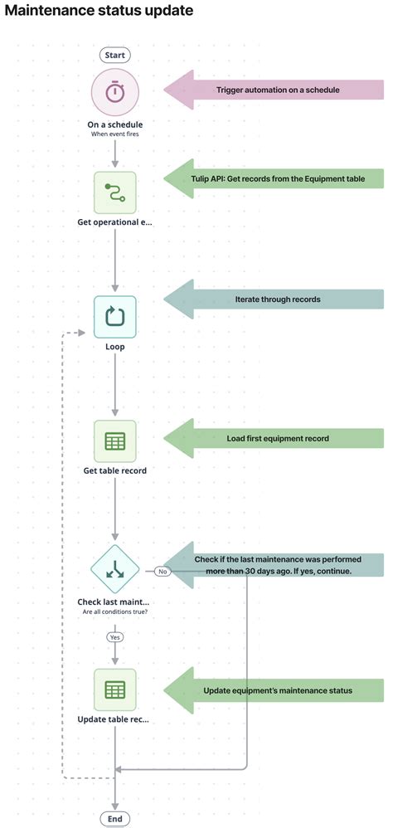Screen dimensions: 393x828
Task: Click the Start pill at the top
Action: pyautogui.click(x=114, y=55)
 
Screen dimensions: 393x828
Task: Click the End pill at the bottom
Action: pyautogui.click(x=114, y=819)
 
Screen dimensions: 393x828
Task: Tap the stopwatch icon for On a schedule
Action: pyautogui.click(x=114, y=92)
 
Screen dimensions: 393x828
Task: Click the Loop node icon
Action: pyautogui.click(x=114, y=317)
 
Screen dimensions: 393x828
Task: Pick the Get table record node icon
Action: pyautogui.click(x=114, y=441)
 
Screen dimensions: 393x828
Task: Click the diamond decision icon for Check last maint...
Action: pyautogui.click(x=114, y=570)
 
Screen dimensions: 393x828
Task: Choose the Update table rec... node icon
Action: pyautogui.click(x=114, y=689)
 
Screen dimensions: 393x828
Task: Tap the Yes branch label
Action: pyautogui.click(x=114, y=637)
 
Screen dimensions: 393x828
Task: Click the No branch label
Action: pyautogui.click(x=163, y=571)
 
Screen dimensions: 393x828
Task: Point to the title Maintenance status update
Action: pyautogui.click(x=99, y=11)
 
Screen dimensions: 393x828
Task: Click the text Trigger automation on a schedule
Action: pyautogui.click(x=278, y=90)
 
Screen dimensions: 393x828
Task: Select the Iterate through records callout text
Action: pyautogui.click(x=278, y=299)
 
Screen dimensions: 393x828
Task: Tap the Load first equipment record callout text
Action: pyautogui.click(x=278, y=438)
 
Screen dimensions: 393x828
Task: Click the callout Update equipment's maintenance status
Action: pyautogui.click(x=278, y=690)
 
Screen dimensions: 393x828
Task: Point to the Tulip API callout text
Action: pyautogui.click(x=278, y=179)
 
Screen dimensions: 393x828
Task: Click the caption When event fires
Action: pyautogui.click(x=114, y=134)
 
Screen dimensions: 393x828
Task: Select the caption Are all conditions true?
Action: pyautogui.click(x=114, y=611)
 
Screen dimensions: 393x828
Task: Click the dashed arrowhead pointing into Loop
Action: pyautogui.click(x=81, y=333)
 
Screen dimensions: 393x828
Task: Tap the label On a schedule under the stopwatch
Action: pyautogui.click(x=114, y=125)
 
